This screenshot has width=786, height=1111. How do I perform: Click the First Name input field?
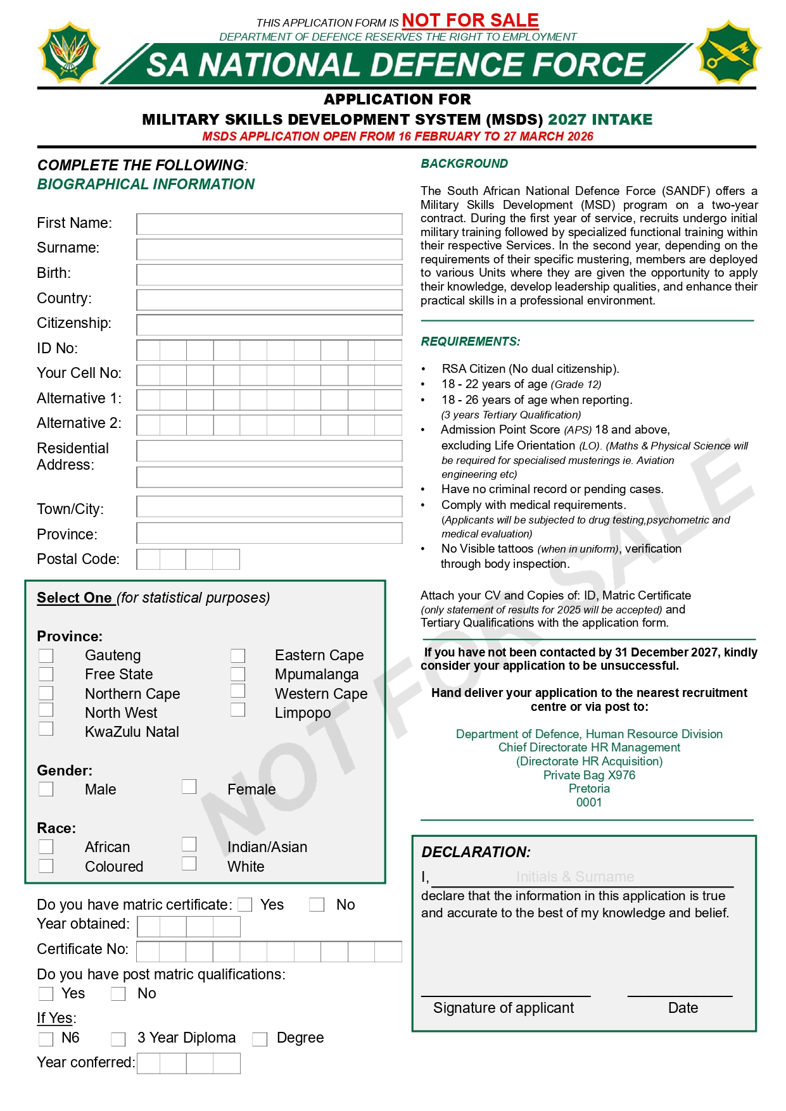[x=269, y=224]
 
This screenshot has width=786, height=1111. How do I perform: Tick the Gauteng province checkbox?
[x=46, y=655]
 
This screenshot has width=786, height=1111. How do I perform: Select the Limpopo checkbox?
[x=238, y=710]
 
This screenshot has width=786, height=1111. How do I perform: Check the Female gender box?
[x=189, y=786]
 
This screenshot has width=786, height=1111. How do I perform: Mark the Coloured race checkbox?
[x=46, y=865]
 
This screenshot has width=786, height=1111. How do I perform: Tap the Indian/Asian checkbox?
[x=189, y=844]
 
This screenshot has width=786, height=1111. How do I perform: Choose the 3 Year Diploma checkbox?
[x=118, y=1039]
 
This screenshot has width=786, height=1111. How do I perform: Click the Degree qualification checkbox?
[x=260, y=1039]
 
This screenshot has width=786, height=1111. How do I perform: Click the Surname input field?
[x=269, y=249]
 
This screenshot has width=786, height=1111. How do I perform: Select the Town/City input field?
[x=269, y=506]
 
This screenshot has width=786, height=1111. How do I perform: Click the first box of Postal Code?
[x=149, y=560]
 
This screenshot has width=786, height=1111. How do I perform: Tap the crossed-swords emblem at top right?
[x=728, y=53]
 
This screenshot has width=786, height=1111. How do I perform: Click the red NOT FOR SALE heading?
[x=470, y=20]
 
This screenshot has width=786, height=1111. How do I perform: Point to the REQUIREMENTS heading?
[x=471, y=342]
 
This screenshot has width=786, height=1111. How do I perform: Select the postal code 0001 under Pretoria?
[x=589, y=803]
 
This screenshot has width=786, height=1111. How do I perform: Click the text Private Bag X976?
[x=589, y=775]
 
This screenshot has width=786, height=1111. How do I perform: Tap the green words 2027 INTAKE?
[x=600, y=120]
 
